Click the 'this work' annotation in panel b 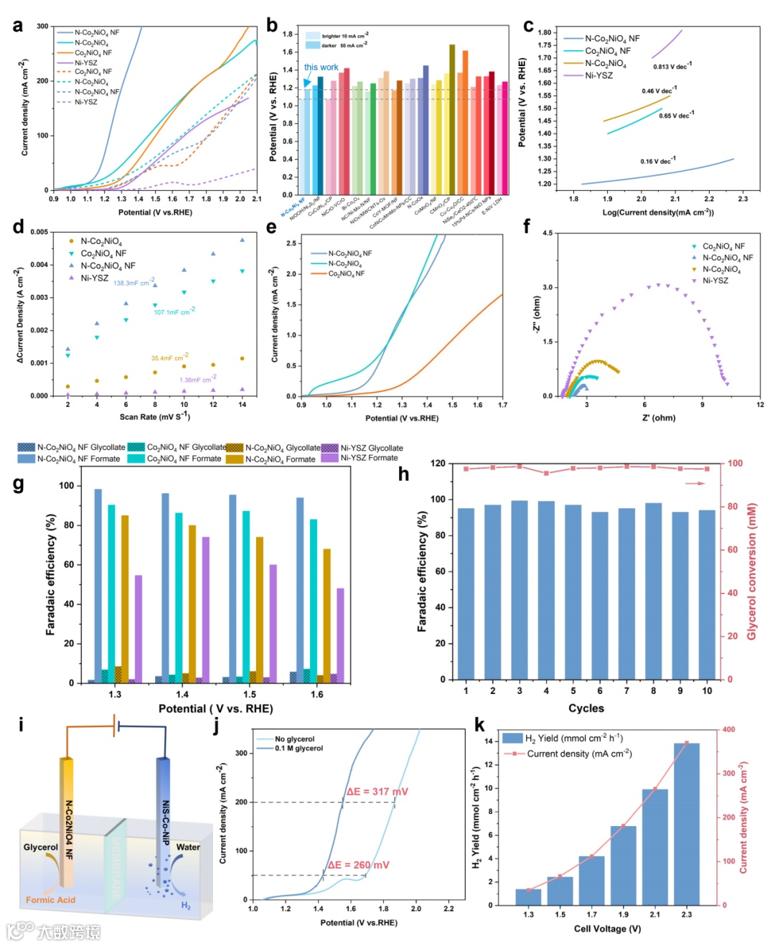point(321,67)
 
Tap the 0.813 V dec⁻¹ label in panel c point(672,67)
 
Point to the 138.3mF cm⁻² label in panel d point(133,283)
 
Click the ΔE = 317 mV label point(377,792)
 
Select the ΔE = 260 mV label point(358,865)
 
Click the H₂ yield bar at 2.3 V point(686,823)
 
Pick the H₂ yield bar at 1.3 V point(528,896)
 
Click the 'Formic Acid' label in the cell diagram point(50,900)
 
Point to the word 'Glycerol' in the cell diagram point(40,847)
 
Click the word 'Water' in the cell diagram point(188,847)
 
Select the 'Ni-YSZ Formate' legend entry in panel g point(368,458)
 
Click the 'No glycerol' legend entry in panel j point(294,739)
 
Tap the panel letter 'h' point(403,474)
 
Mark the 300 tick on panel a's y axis point(42,27)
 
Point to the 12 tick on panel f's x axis point(760,405)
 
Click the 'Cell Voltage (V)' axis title point(607,929)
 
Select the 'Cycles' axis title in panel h point(586,708)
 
